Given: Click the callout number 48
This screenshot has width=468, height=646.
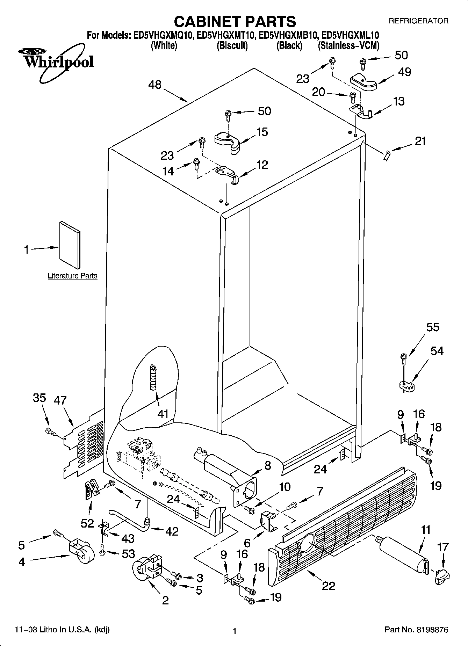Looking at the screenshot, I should click(x=155, y=85).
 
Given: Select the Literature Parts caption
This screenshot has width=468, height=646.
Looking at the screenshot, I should click(x=72, y=276).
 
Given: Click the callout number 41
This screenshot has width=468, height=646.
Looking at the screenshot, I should click(x=163, y=414).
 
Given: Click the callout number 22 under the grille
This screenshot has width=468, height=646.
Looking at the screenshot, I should click(x=329, y=586).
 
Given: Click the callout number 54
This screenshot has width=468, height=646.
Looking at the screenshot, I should click(x=437, y=351).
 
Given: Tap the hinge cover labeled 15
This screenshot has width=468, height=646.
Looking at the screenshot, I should click(x=228, y=140).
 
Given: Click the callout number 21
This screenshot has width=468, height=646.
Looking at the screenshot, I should click(x=420, y=141).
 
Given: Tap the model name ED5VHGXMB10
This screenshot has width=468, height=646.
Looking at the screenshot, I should click(x=288, y=35).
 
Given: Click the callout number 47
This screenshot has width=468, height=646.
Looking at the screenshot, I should click(x=60, y=400).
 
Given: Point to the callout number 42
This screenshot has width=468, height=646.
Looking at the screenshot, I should click(x=172, y=531).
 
